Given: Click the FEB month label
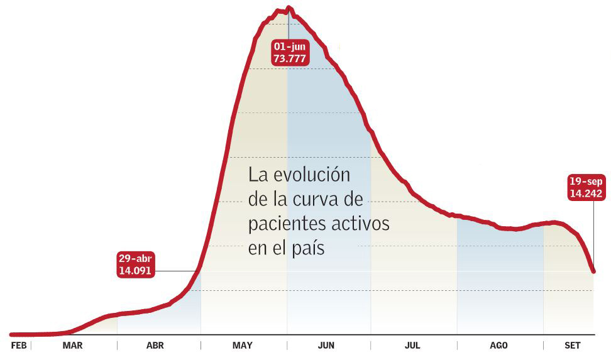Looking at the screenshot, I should [x=19, y=346].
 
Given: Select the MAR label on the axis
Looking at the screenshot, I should [x=72, y=346].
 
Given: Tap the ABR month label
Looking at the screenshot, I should [x=155, y=346].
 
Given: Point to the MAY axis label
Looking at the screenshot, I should [x=242, y=346].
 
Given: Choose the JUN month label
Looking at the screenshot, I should [x=326, y=346].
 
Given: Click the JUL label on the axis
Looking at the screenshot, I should [x=412, y=346].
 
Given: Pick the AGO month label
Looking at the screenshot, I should [x=498, y=346].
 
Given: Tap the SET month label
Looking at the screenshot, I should [x=573, y=346].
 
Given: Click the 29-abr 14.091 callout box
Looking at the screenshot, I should [x=135, y=265].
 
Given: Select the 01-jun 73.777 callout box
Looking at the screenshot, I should [x=289, y=52].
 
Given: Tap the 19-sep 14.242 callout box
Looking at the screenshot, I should [x=586, y=188].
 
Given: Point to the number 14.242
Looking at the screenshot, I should [x=586, y=194].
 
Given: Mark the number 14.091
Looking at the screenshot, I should [x=135, y=271].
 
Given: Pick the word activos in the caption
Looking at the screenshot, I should [x=363, y=224].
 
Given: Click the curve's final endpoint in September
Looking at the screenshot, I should [x=594, y=271].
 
